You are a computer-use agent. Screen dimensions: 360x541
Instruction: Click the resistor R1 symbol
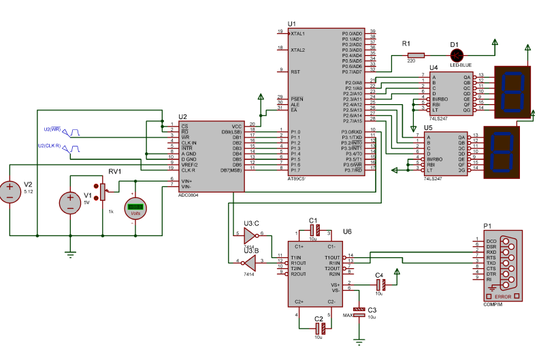(414, 55)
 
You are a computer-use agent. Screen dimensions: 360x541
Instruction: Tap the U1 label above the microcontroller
(293, 23)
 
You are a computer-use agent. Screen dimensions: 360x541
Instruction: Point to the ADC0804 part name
(188, 195)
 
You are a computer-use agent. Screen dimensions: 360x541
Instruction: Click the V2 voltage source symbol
(11, 191)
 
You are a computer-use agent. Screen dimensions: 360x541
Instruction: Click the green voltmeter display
(135, 207)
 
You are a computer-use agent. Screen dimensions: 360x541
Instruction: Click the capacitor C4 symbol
(380, 284)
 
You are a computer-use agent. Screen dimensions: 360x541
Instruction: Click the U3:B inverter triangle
(249, 262)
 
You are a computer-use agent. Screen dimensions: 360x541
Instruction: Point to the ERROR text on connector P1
(504, 297)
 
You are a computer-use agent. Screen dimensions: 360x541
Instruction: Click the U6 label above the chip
(347, 231)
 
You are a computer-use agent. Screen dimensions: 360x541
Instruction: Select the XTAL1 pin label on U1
(298, 33)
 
